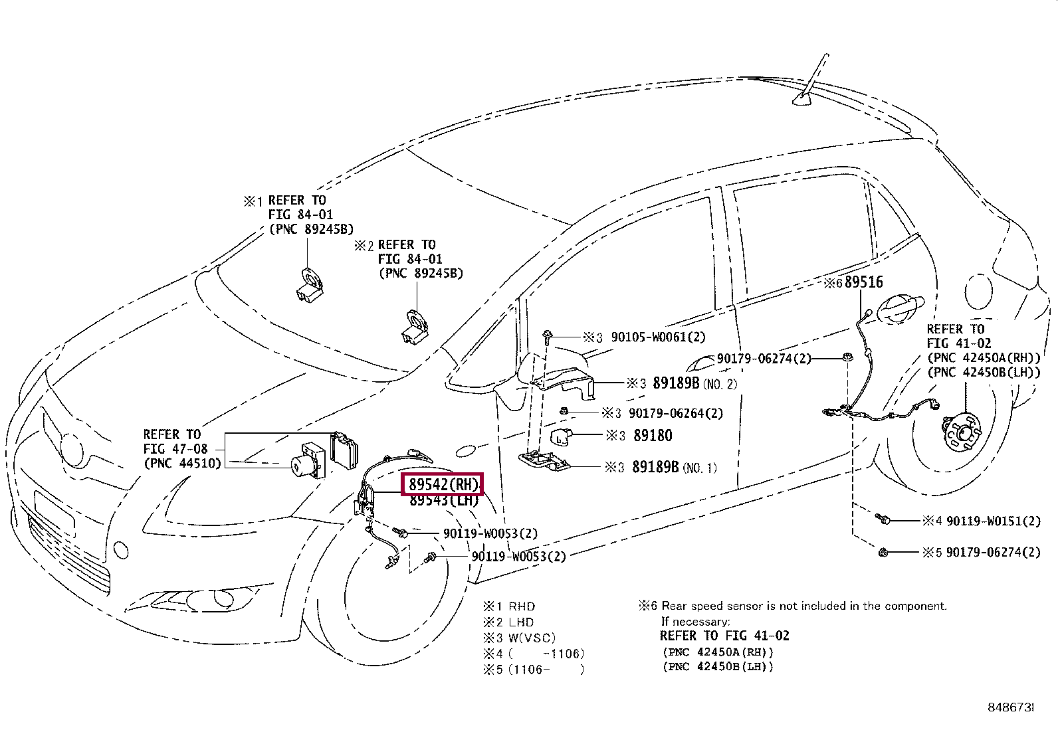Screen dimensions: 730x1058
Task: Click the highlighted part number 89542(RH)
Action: click(x=442, y=484)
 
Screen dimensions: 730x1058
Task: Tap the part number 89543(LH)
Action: click(x=443, y=501)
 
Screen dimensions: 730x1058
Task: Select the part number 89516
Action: click(x=863, y=282)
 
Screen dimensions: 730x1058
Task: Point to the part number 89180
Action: click(x=653, y=436)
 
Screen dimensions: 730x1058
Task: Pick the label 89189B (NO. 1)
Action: click(x=674, y=468)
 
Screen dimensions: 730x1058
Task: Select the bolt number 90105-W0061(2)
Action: click(x=658, y=337)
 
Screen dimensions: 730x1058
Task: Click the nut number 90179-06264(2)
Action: click(x=675, y=413)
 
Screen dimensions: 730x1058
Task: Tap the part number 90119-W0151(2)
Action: click(x=993, y=521)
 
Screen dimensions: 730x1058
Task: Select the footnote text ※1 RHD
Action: click(x=509, y=606)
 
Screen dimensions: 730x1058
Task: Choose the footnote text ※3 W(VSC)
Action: click(x=520, y=638)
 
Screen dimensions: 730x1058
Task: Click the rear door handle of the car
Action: click(x=900, y=306)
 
